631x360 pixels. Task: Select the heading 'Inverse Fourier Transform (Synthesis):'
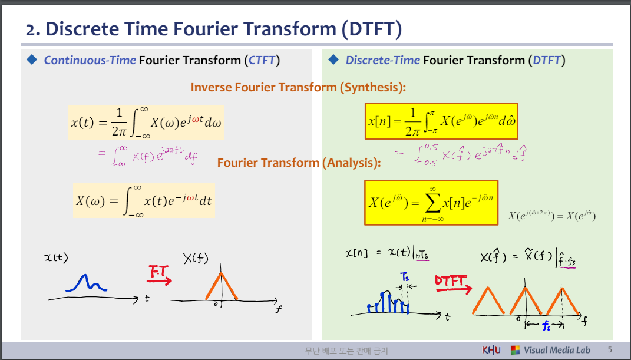(x=298, y=87)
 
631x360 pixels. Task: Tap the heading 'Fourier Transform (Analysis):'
(x=299, y=163)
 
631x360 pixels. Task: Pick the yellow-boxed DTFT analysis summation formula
(x=431, y=203)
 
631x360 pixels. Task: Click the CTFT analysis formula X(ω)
(x=144, y=201)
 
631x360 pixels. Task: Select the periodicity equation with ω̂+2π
(x=551, y=216)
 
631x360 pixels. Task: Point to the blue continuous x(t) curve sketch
(x=86, y=283)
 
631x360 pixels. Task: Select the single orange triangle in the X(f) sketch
(x=222, y=286)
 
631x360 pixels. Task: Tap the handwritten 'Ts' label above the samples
(x=404, y=276)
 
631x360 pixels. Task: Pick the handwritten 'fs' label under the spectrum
(x=546, y=325)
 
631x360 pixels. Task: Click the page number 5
(x=610, y=350)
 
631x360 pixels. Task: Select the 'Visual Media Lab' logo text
(x=557, y=350)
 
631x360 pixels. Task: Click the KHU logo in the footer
(x=491, y=350)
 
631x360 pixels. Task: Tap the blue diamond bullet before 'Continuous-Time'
(x=32, y=60)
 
